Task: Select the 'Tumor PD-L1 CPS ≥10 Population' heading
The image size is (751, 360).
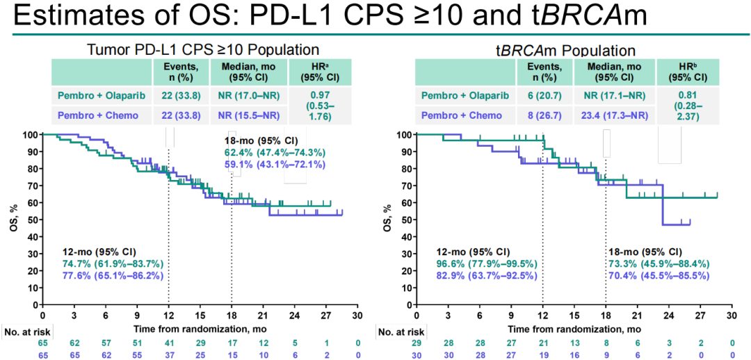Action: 203,49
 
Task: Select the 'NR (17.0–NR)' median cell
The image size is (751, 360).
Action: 248,95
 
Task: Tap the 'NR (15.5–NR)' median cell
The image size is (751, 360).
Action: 248,115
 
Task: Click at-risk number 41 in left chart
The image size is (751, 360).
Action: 168,342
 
